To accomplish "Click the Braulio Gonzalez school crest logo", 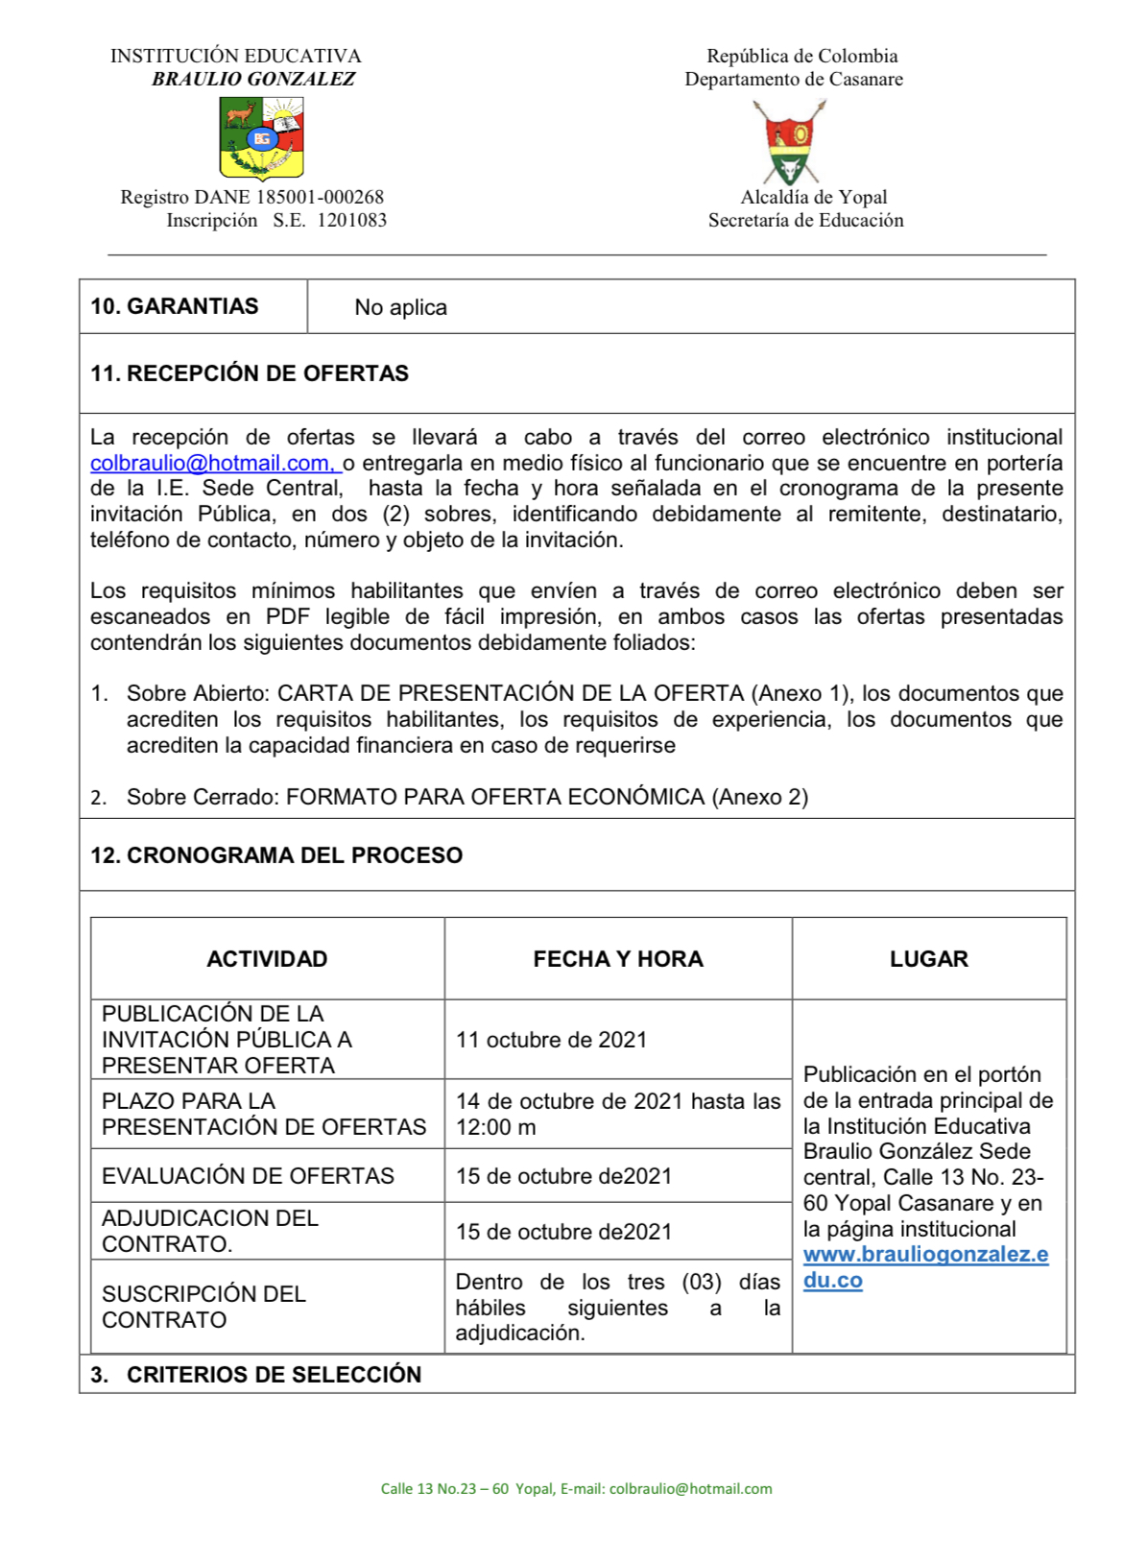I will click(261, 140).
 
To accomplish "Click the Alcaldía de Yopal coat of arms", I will click(789, 142).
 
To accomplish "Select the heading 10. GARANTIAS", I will click(174, 306).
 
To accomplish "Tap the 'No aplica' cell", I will click(400, 307).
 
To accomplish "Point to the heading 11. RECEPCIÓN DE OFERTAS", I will click(250, 373).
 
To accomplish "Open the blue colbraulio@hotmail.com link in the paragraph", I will click(213, 463).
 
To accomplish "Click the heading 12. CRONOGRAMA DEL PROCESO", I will click(276, 855).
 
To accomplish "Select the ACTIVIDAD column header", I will click(267, 959).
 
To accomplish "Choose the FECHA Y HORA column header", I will click(618, 959).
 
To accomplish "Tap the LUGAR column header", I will click(928, 959).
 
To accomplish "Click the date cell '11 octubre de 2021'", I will click(551, 1040).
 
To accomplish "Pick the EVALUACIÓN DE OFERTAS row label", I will click(248, 1176).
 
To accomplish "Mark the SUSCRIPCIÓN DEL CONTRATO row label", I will click(203, 1307).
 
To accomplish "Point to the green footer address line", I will click(576, 1489).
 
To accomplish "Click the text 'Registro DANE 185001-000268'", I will click(251, 197).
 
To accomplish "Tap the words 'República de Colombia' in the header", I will click(801, 56).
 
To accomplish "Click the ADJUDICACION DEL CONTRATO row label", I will click(209, 1231).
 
